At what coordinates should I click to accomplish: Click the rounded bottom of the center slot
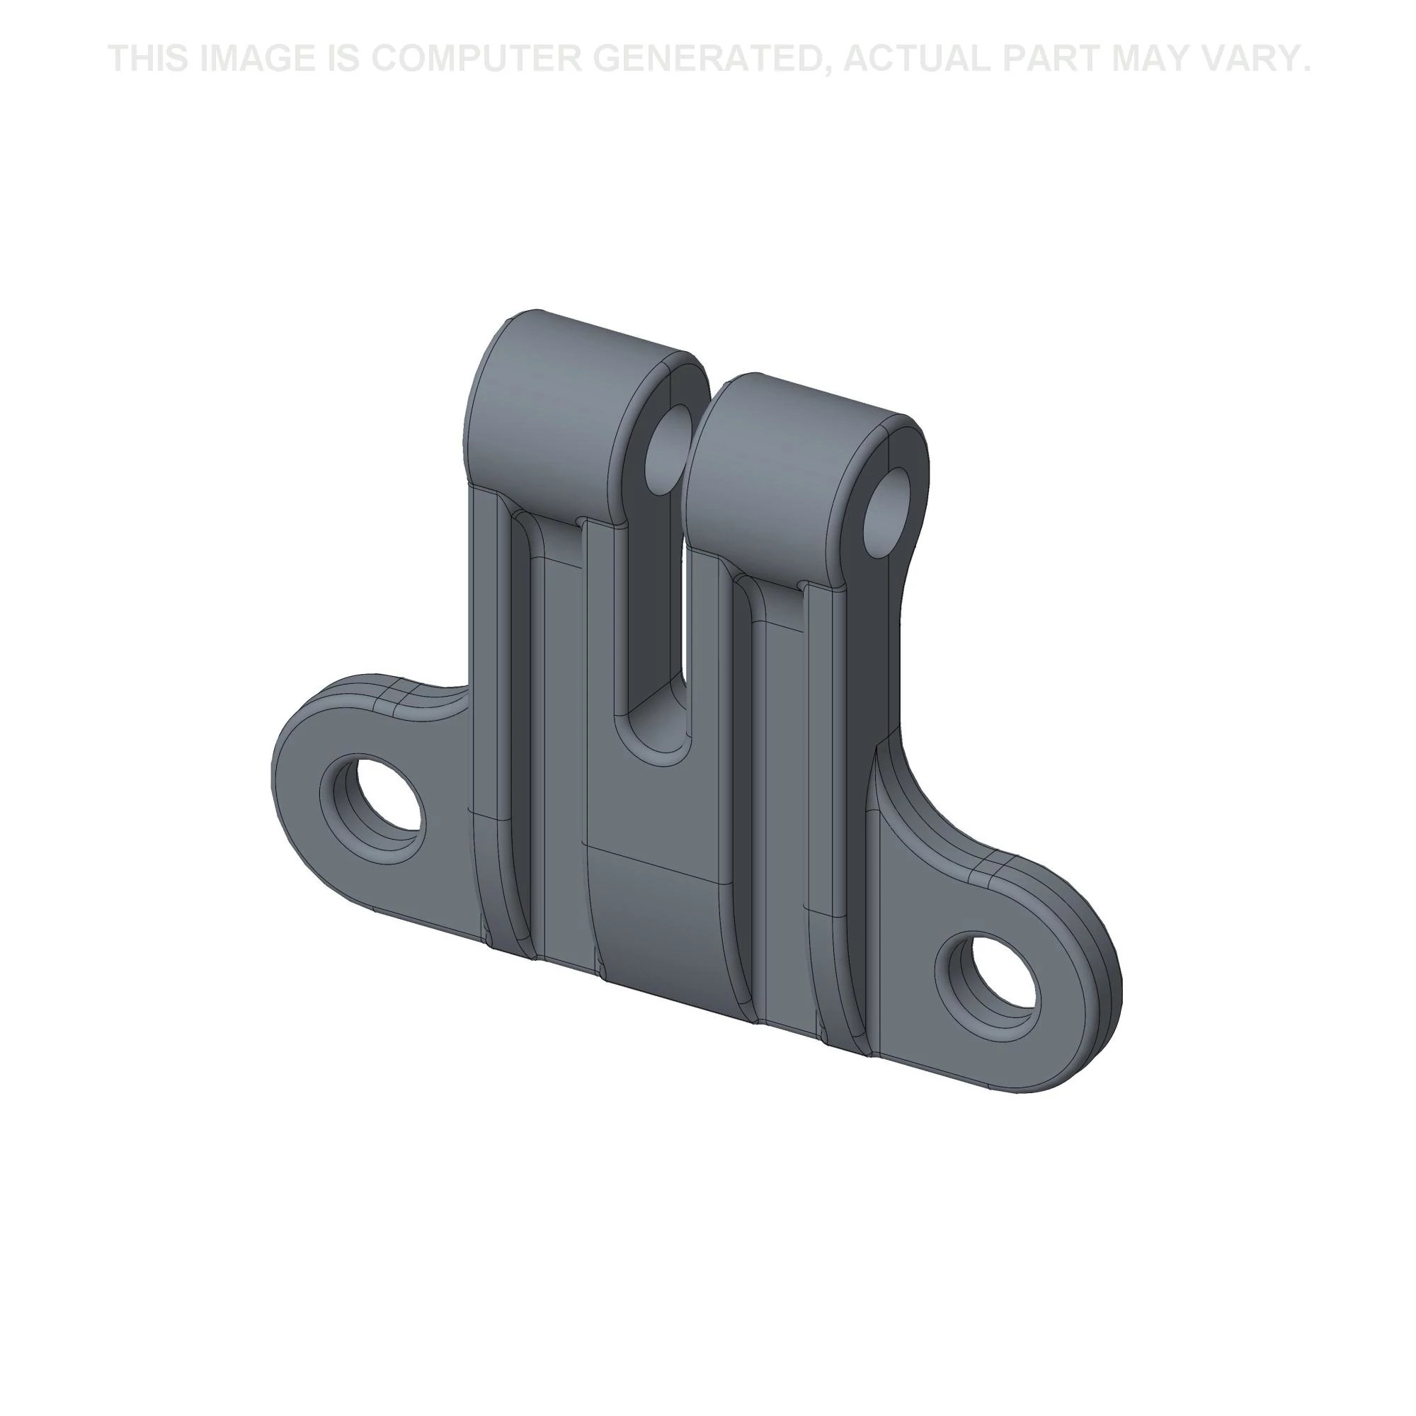tap(654, 741)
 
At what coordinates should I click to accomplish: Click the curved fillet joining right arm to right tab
tap(909, 806)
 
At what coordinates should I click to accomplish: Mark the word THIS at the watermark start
tap(149, 59)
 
